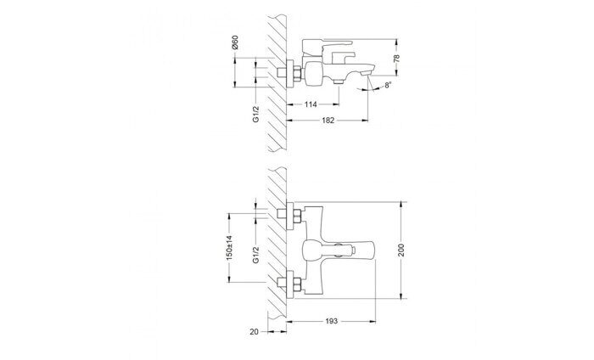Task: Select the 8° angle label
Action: [x=387, y=86]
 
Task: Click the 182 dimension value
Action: [x=328, y=121]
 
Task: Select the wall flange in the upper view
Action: [x=289, y=73]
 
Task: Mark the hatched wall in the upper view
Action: [x=277, y=85]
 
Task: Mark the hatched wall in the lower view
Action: [x=277, y=246]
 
